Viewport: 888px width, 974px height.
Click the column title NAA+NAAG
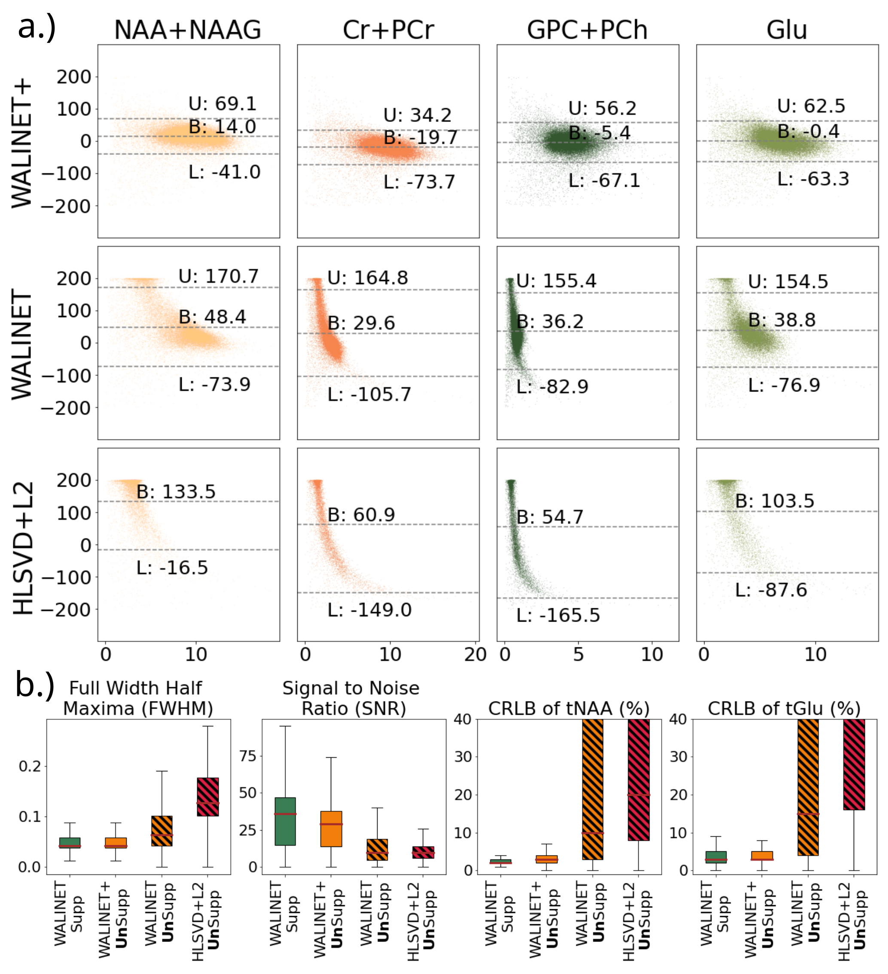[x=188, y=30]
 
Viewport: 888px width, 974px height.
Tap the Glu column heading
[x=787, y=30]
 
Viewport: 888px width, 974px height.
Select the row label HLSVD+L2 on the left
[x=23, y=548]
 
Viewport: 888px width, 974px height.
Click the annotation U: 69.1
[x=223, y=103]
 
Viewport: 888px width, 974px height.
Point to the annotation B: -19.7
[x=420, y=137]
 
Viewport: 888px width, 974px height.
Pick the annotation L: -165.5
[x=558, y=615]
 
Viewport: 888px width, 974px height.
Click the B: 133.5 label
[x=176, y=492]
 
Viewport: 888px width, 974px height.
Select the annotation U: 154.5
[x=788, y=281]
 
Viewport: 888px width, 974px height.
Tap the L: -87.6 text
[x=771, y=590]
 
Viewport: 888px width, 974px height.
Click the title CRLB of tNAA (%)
[x=568, y=708]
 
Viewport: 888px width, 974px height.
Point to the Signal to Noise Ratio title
[x=351, y=698]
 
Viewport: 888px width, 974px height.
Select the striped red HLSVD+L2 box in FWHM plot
[x=208, y=797]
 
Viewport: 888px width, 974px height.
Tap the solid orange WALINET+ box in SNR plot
[x=331, y=828]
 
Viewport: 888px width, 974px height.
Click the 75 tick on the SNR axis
[x=248, y=756]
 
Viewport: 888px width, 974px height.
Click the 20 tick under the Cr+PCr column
[x=475, y=655]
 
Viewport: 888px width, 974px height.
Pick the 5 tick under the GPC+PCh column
[x=578, y=655]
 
